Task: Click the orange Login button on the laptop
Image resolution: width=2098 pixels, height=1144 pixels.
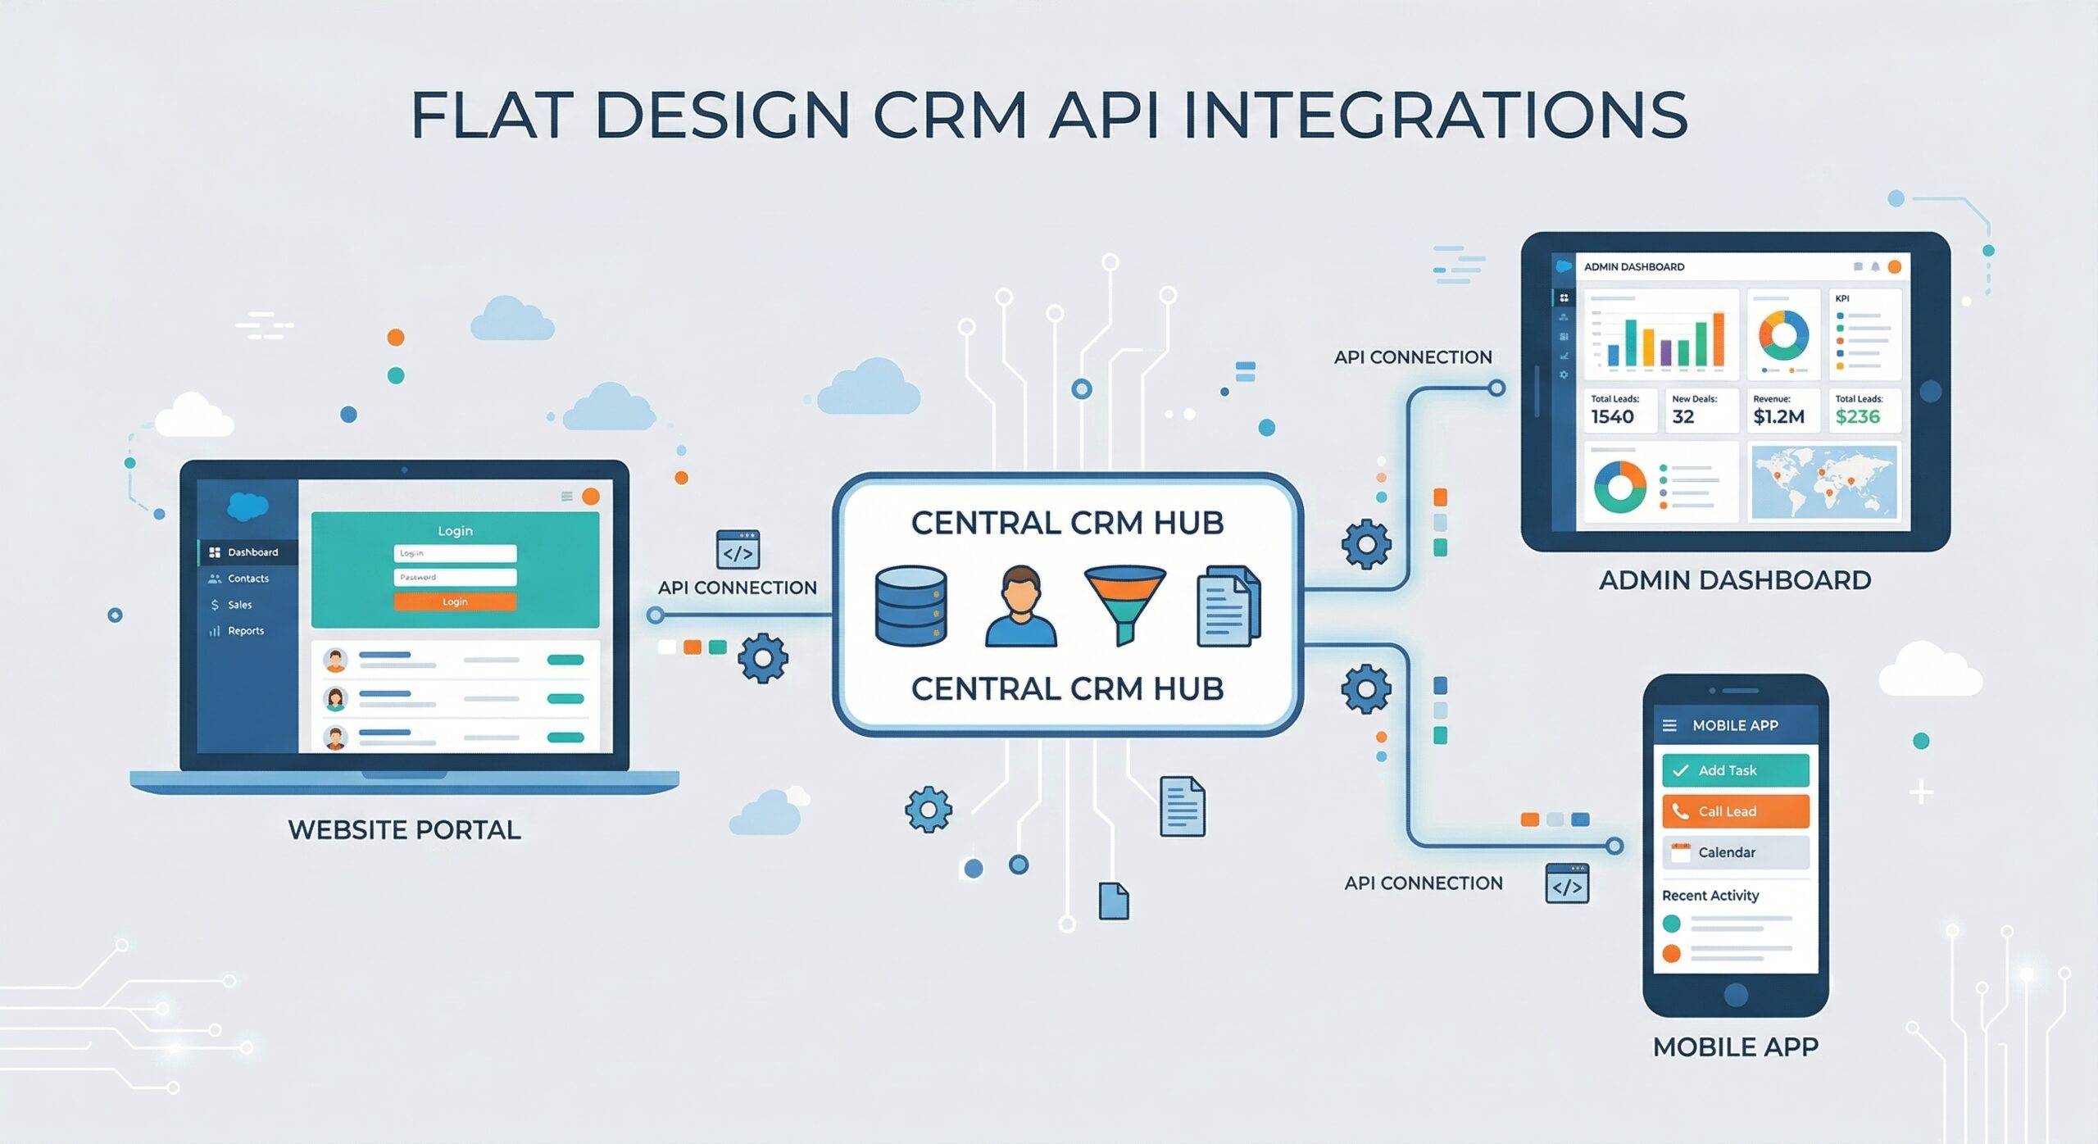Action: [455, 602]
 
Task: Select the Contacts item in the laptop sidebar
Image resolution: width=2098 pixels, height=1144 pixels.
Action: [247, 579]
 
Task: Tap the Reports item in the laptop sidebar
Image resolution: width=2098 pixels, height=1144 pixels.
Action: [245, 631]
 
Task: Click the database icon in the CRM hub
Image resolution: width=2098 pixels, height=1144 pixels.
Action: [910, 606]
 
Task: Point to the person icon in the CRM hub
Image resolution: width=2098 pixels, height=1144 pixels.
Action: [1020, 606]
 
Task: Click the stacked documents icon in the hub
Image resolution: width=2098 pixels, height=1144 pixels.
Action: [1228, 607]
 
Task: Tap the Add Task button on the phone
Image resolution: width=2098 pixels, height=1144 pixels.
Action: [1735, 770]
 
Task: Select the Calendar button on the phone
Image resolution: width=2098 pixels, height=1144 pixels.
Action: [1735, 852]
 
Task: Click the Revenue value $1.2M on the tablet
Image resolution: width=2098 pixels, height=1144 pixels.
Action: [1778, 417]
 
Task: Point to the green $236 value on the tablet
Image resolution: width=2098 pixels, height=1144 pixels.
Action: [1857, 417]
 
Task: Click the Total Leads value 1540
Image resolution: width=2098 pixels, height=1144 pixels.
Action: [1612, 417]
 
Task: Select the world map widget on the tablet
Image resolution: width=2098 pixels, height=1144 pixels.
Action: [1823, 483]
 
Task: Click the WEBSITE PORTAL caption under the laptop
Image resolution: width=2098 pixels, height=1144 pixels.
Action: [404, 830]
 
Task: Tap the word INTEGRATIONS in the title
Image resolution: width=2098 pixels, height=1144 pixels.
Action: [1435, 115]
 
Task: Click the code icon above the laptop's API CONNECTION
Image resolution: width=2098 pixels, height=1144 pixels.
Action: [738, 550]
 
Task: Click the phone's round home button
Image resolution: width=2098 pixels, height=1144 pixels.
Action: [1736, 995]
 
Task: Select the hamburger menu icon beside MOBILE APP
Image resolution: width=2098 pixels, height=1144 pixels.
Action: [1669, 725]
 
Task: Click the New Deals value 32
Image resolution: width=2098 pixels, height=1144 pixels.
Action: [1683, 417]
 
